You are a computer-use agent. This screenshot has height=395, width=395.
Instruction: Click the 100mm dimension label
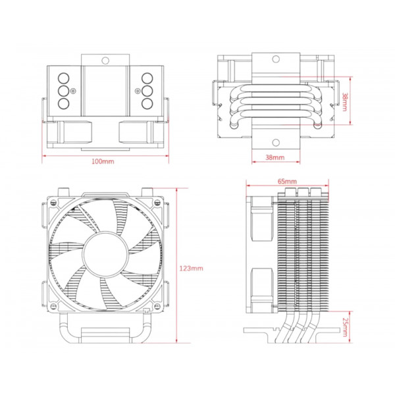tap(102, 161)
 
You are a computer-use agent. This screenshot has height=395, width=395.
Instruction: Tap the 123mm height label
tap(192, 269)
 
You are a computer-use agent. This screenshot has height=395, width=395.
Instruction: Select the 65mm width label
tap(287, 181)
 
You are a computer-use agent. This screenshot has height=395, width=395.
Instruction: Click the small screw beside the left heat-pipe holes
tap(74, 91)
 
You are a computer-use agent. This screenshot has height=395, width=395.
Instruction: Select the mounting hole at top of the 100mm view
tap(105, 61)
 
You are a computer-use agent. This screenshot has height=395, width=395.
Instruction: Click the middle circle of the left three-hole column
tap(64, 90)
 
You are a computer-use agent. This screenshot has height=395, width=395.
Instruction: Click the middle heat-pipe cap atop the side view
tap(303, 192)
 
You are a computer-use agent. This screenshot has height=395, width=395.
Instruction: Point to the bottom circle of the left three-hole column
tap(64, 103)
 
